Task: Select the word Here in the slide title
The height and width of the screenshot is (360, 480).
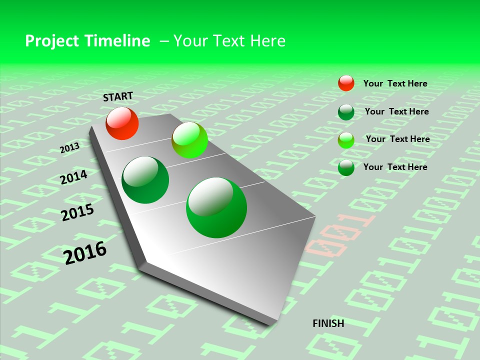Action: (267, 41)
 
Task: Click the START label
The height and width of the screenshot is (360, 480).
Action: (118, 96)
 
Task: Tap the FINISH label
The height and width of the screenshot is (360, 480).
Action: (328, 323)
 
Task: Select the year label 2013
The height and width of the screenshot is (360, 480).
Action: (70, 148)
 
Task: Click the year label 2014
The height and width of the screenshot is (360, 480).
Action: (74, 177)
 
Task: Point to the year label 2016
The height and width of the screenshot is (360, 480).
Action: (85, 252)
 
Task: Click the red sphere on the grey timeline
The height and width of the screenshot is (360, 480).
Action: (122, 123)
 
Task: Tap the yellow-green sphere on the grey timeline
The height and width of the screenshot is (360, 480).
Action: (189, 140)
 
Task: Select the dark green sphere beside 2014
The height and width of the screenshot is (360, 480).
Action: (145, 180)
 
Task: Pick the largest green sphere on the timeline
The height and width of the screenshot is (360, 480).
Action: (216, 207)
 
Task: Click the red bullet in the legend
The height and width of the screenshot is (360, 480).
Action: (346, 83)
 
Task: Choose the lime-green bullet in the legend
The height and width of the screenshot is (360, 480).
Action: (346, 140)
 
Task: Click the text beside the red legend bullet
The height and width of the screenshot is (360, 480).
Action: (395, 83)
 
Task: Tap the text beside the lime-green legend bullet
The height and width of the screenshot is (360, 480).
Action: (397, 139)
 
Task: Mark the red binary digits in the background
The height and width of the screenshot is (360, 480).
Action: (340, 232)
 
